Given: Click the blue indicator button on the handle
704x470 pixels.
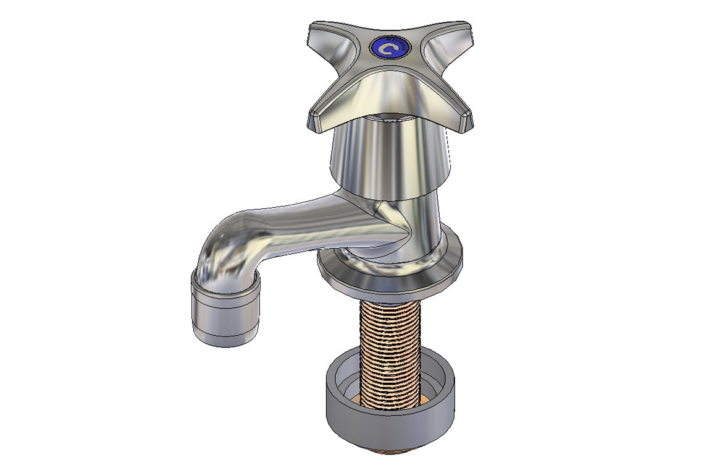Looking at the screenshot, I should pyautogui.click(x=390, y=48).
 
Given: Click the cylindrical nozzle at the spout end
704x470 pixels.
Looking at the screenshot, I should pyautogui.click(x=225, y=312).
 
